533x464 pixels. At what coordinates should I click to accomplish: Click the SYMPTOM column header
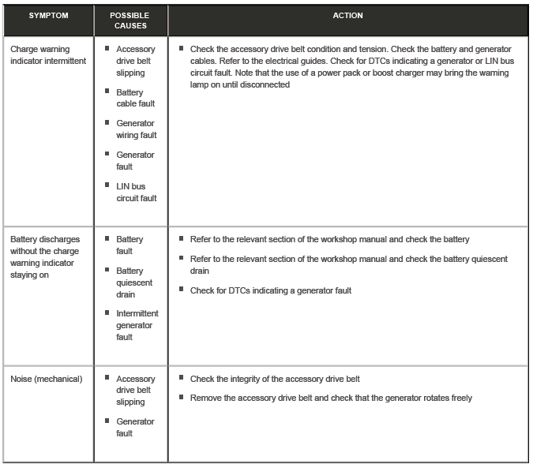tap(48, 16)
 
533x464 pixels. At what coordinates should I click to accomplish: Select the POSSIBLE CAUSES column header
tap(130, 21)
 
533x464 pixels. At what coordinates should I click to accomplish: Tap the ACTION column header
tap(347, 16)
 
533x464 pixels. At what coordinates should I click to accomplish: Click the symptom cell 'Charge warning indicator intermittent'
tap(48, 54)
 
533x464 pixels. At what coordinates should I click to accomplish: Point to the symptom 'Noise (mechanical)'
tap(46, 379)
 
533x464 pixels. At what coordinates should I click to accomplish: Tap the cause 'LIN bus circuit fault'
tap(136, 193)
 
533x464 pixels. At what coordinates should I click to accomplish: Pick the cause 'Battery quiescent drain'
tap(135, 283)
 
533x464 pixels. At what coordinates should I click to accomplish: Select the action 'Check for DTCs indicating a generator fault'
tap(270, 290)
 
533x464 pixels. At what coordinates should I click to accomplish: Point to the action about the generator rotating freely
tap(330, 398)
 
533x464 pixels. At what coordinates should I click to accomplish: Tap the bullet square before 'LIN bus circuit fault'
tap(107, 185)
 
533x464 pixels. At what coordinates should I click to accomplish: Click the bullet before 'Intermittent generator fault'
tap(107, 312)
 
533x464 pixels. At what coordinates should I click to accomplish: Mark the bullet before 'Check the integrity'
tap(182, 379)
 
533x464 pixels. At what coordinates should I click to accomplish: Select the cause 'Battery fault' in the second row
tap(129, 245)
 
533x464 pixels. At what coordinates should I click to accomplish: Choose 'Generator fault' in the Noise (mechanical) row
tap(135, 427)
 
